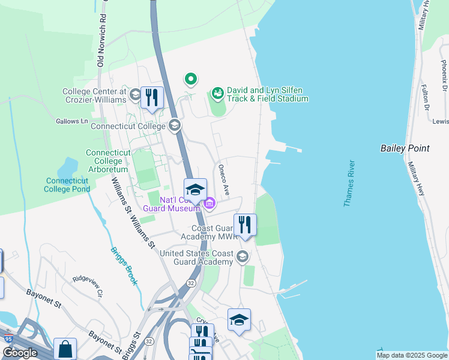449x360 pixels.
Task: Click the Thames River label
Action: [349, 184]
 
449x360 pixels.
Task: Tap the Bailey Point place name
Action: [405, 148]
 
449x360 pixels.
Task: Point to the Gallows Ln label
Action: [71, 121]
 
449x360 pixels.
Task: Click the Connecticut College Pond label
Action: [68, 185]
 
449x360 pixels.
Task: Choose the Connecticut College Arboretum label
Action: [108, 161]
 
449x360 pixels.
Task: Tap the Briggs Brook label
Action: [124, 266]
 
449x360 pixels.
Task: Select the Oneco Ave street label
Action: [224, 180]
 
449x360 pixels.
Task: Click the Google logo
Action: [20, 353]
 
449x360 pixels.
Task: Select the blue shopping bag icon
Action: [65, 349]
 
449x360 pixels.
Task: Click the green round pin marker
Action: [191, 79]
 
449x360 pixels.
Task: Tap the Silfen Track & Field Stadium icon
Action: [217, 93]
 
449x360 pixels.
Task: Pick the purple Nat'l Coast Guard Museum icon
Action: [209, 205]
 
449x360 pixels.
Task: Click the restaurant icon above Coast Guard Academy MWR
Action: [245, 225]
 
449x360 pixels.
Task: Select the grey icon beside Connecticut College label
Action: [175, 125]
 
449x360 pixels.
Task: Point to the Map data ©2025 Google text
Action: [411, 355]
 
